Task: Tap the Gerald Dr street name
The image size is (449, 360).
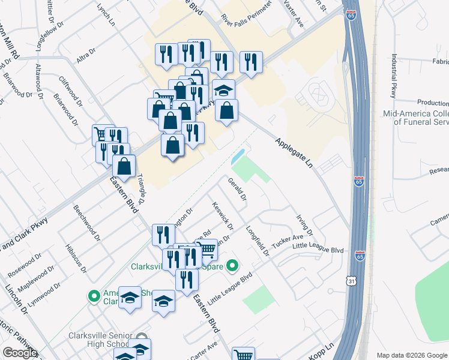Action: (x=237, y=189)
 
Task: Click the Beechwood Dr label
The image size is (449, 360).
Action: (x=84, y=221)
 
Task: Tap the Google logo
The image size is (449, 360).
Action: (x=20, y=353)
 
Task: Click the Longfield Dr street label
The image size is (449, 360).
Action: (x=258, y=241)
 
